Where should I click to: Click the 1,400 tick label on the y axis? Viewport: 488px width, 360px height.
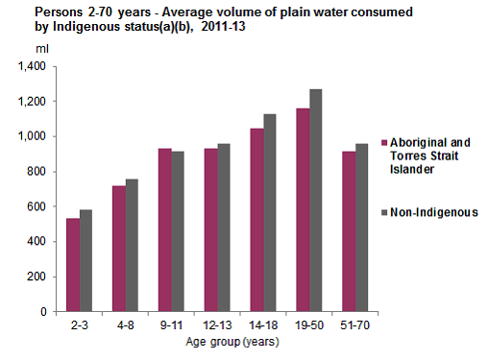[x=31, y=66]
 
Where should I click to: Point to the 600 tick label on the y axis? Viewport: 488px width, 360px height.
[x=37, y=206]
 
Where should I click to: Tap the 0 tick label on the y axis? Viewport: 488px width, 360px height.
[x=44, y=312]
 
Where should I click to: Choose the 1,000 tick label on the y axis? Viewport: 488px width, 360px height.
[x=31, y=136]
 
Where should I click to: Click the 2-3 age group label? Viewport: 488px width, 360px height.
[x=79, y=324]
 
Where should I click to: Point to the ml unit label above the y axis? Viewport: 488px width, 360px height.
[x=42, y=48]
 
